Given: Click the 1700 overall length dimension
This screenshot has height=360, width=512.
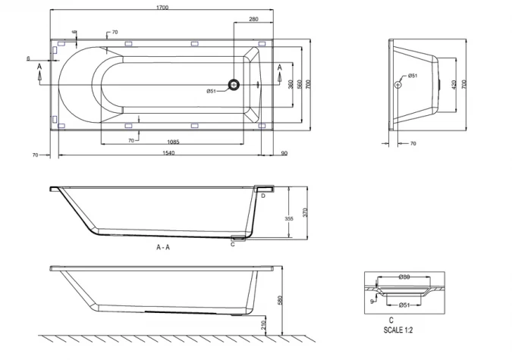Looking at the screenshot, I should tap(162, 7).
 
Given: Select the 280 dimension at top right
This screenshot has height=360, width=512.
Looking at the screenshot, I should tap(253, 19).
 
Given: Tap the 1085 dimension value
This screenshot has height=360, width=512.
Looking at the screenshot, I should tap(174, 141).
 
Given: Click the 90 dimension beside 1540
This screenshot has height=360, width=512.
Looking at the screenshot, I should tap(284, 154).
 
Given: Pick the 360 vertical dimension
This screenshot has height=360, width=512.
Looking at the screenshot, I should tap(291, 83).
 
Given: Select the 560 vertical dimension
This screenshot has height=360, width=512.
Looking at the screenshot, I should tap(301, 83).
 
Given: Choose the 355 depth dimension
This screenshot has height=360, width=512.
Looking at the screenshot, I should tap(288, 218).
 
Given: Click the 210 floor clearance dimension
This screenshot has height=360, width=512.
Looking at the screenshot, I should tap(263, 325).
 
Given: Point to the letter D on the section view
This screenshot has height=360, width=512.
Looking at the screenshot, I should tap(262, 196).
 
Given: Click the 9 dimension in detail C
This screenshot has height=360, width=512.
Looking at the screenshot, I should tap(371, 300).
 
